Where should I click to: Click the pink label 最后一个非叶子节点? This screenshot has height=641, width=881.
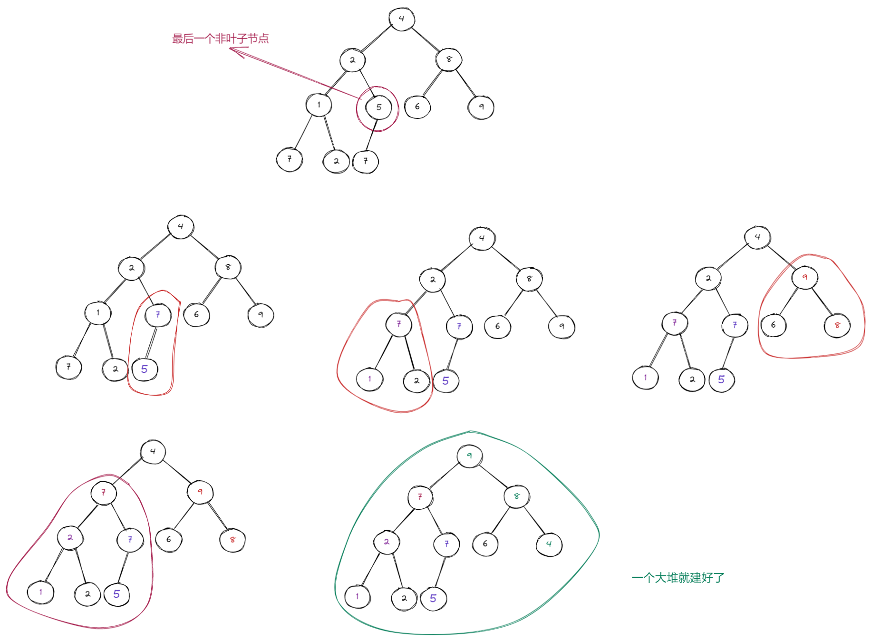tap(220, 39)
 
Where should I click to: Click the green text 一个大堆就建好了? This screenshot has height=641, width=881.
tap(678, 578)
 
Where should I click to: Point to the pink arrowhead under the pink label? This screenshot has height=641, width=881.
tap(233, 49)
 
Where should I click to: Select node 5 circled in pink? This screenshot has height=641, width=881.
tap(378, 107)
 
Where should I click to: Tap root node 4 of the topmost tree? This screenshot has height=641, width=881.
tap(402, 19)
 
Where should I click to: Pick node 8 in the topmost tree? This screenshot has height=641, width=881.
tap(448, 59)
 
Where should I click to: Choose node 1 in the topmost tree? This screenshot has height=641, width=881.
tap(319, 105)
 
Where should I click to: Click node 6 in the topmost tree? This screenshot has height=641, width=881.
tap(417, 107)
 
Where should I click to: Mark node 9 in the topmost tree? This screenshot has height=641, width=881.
tap(481, 107)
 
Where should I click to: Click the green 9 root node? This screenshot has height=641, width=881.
tap(469, 456)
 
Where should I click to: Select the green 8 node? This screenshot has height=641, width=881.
tap(516, 496)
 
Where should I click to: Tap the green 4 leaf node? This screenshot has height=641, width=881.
tap(549, 544)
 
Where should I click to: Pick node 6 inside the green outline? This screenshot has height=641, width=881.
tap(485, 544)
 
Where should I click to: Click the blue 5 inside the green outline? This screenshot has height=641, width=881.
tap(433, 598)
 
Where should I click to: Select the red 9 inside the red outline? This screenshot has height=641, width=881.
tap(804, 277)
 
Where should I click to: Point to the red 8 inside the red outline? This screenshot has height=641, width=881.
tap(837, 325)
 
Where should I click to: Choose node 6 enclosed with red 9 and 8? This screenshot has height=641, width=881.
tap(773, 325)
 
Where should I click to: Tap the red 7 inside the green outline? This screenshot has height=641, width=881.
tap(420, 497)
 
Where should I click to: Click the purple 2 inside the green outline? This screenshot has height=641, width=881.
tap(387, 542)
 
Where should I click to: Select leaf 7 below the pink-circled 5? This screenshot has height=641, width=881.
tap(366, 161)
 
